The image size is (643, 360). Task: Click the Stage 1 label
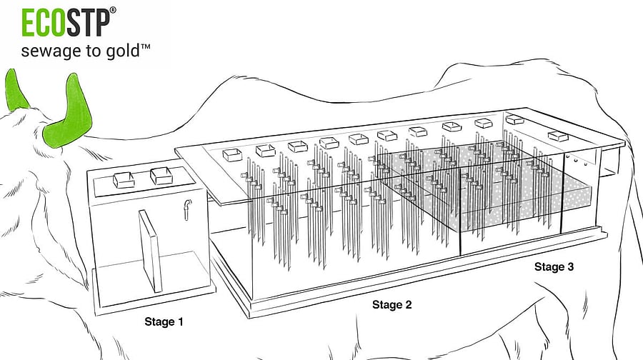(164, 321)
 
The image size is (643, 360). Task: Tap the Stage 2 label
(392, 305)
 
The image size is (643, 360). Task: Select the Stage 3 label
(554, 267)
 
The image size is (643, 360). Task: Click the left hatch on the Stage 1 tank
(124, 180)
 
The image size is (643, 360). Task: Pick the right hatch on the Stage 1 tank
(161, 174)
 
